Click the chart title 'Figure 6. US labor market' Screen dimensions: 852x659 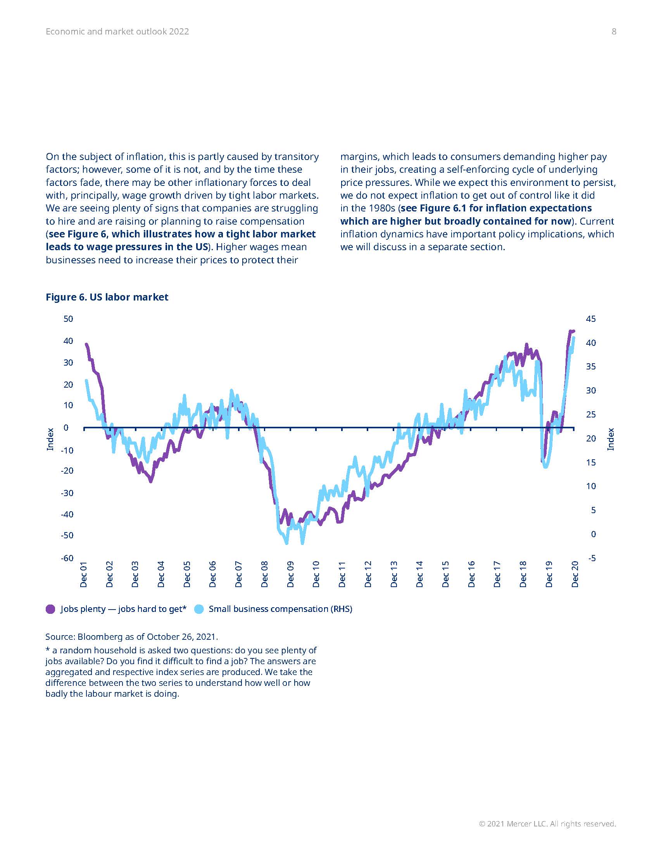click(x=107, y=297)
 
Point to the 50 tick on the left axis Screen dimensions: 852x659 click(x=68, y=319)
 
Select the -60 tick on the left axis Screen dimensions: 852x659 click(x=67, y=558)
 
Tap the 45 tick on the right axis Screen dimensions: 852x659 click(x=591, y=319)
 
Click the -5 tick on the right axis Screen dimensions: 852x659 click(x=592, y=558)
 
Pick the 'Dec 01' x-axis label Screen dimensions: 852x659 click(x=84, y=574)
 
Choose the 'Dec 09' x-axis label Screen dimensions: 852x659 click(x=290, y=574)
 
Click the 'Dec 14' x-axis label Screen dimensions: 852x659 click(x=420, y=574)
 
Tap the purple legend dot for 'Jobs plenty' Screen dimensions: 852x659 click(x=50, y=609)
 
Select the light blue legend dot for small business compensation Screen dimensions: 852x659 click(x=199, y=609)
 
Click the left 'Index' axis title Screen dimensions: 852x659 click(x=50, y=439)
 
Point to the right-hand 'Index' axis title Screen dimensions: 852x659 click(x=611, y=439)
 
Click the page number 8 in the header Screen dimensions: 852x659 click(x=614, y=32)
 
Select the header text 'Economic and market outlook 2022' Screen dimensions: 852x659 click(x=117, y=32)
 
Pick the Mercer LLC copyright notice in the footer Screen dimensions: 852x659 click(x=547, y=823)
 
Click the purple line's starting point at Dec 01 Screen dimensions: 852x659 click(x=86, y=344)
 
